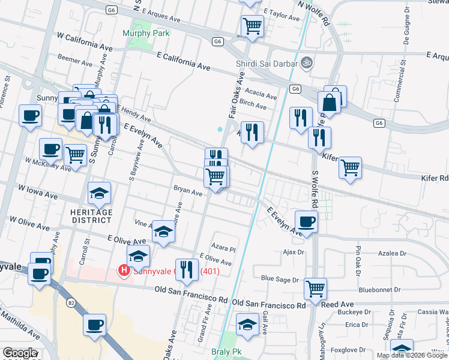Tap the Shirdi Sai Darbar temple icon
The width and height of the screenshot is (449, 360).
(307, 62)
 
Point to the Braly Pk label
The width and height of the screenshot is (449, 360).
(226, 352)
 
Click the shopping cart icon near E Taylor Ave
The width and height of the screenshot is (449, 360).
(252, 26)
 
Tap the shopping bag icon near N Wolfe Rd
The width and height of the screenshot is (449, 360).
(331, 101)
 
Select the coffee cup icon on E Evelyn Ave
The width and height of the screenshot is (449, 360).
(307, 221)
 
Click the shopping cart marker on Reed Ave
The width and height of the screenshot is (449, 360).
(315, 289)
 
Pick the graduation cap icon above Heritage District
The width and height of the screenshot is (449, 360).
(100, 193)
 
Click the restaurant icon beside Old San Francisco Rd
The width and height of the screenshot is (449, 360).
(186, 270)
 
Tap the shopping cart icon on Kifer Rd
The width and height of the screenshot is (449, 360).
(350, 167)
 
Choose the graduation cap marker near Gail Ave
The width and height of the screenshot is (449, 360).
(247, 325)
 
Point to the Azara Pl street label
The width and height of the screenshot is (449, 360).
(223, 247)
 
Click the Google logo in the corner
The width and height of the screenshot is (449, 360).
(19, 353)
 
